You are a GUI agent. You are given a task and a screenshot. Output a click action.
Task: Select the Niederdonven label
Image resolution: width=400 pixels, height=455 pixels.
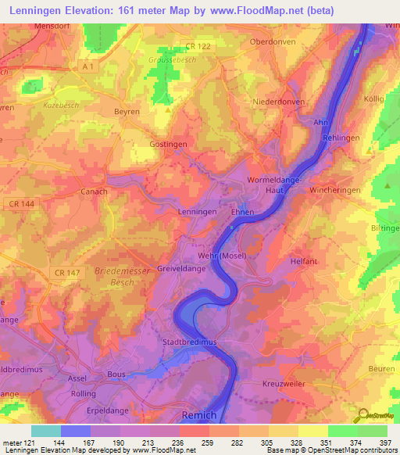[x=278, y=102]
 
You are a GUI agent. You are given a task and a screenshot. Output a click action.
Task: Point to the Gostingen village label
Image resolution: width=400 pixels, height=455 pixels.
[x=169, y=145]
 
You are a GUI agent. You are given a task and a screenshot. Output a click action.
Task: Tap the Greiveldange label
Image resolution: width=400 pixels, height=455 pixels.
[x=180, y=267]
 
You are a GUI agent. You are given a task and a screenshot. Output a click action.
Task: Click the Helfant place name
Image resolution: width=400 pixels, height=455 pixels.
[x=304, y=261]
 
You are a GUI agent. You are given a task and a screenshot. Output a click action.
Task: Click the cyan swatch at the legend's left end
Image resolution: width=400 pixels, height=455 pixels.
[x=45, y=431]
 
